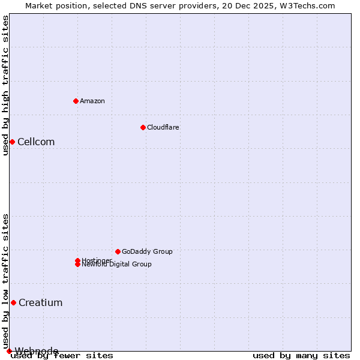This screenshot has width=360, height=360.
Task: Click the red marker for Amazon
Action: tap(76, 101)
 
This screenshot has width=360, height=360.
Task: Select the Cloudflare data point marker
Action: tap(143, 127)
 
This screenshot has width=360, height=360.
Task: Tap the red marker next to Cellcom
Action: tap(12, 142)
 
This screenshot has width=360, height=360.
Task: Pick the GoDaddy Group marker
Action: tap(118, 251)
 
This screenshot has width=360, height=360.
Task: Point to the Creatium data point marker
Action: tap(13, 302)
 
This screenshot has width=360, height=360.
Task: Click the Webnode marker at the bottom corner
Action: tap(9, 351)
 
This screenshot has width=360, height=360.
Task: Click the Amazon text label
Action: tap(92, 101)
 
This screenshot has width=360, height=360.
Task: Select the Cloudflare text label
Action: tap(163, 127)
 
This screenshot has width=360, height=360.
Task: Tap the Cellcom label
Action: tap(36, 142)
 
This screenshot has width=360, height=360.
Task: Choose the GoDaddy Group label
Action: tap(147, 251)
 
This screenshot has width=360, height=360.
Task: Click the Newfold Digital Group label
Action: tap(117, 265)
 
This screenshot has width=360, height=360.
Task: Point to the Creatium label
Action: tap(40, 303)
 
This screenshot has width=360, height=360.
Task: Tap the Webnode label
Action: tap(37, 351)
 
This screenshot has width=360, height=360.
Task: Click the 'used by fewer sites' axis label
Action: tap(62, 356)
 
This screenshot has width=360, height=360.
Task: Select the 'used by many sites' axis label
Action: tap(301, 356)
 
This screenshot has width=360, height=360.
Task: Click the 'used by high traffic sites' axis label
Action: tap(5, 85)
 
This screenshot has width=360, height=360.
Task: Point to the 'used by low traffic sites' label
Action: tap(5, 281)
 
